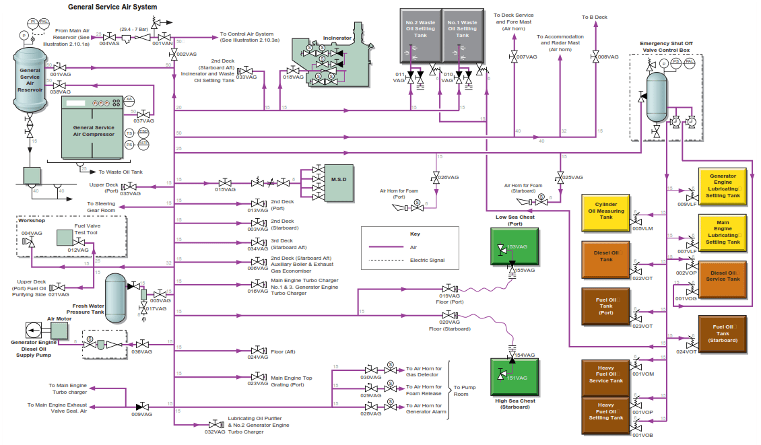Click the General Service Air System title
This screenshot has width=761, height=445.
[112, 7]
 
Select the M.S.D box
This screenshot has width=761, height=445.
[338, 182]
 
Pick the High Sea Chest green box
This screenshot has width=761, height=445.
[515, 378]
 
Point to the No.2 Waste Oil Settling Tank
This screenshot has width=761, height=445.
[420, 40]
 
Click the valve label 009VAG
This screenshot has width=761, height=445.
[141, 415]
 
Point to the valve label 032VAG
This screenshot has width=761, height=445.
[215, 432]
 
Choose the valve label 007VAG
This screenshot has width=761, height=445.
[527, 57]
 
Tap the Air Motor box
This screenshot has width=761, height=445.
[59, 330]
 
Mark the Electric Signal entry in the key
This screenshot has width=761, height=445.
[427, 260]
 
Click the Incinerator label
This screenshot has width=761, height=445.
[337, 38]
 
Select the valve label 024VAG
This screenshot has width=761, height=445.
[257, 357]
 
